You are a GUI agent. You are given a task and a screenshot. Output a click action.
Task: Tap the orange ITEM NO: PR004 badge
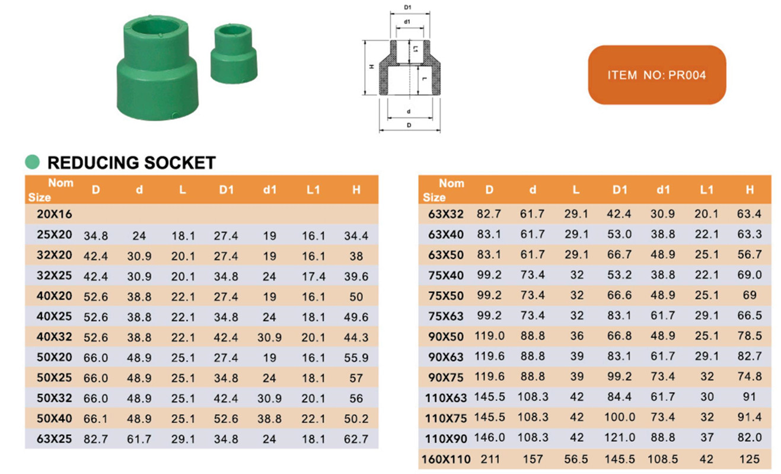click(656, 75)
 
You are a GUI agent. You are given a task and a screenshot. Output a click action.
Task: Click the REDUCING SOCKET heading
click(131, 163)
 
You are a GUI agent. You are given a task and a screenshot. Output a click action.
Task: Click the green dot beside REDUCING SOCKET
click(32, 162)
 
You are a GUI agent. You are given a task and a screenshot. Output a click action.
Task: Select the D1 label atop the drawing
click(407, 7)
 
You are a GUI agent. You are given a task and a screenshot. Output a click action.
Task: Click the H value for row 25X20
click(356, 236)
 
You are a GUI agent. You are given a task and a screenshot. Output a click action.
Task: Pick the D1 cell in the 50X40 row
click(226, 419)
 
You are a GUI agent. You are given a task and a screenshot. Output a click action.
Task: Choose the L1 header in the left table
click(313, 190)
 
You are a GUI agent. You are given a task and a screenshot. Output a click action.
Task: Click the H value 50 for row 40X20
click(356, 297)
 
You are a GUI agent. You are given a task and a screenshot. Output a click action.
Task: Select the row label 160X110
click(446, 459)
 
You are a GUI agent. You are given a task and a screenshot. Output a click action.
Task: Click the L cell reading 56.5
click(576, 459)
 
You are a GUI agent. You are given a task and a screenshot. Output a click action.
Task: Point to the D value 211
click(489, 459)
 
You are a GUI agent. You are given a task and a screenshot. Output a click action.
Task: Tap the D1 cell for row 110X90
click(620, 438)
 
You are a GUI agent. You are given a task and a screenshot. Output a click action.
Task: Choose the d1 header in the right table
click(663, 190)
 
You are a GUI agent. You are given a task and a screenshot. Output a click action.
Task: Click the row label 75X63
click(446, 316)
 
